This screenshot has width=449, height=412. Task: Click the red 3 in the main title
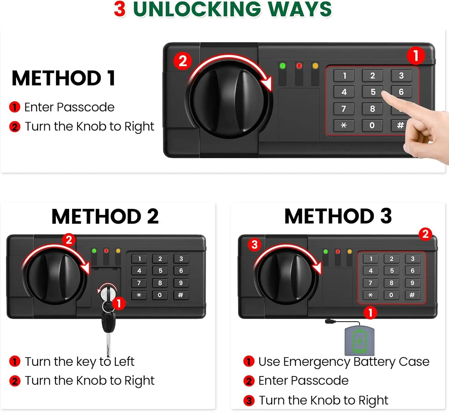pyautogui.click(x=120, y=9)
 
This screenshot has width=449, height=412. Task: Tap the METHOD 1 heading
pyautogui.click(x=63, y=78)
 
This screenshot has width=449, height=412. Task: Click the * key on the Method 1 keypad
pyautogui.click(x=344, y=125)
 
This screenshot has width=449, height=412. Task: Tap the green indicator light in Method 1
pyautogui.click(x=282, y=66)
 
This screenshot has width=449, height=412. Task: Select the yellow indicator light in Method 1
pyautogui.click(x=315, y=66)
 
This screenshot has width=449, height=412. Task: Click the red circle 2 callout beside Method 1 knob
pyautogui.click(x=183, y=61)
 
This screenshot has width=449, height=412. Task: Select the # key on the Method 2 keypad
pyautogui.click(x=180, y=295)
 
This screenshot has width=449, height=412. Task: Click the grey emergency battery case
pyautogui.click(x=359, y=340)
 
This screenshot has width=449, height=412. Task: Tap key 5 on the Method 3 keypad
pyautogui.click(x=392, y=271)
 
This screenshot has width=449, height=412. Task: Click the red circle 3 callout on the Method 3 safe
pyautogui.click(x=254, y=245)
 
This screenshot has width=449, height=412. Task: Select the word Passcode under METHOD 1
pyautogui.click(x=86, y=107)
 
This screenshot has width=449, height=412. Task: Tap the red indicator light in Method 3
pyautogui.click(x=338, y=252)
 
